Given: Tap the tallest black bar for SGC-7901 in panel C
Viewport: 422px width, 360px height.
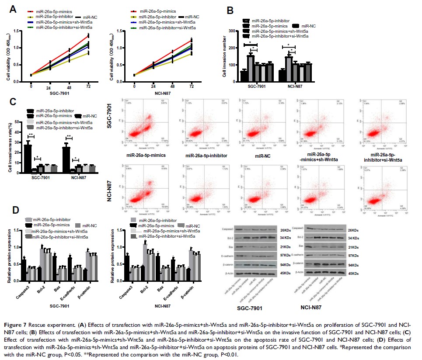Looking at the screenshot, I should [x=28, y=157].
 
